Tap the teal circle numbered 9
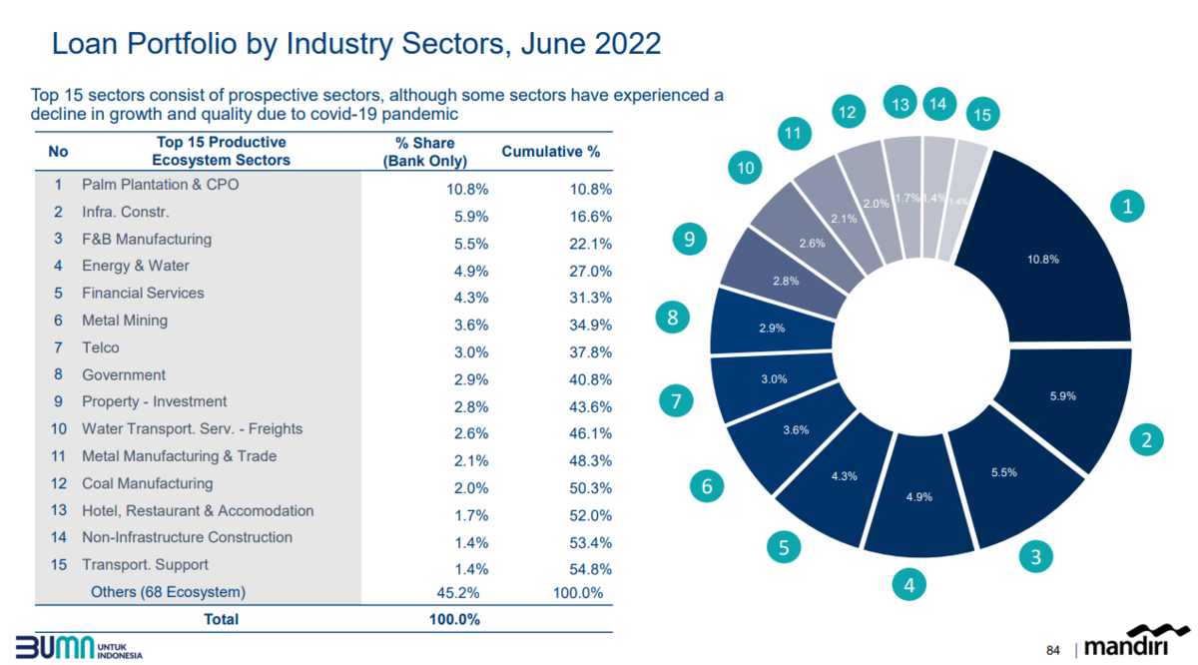click(x=690, y=239)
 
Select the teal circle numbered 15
click(x=982, y=114)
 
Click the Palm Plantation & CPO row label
click(x=160, y=185)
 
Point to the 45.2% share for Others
click(x=458, y=593)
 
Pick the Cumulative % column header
click(x=551, y=152)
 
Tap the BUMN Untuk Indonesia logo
click(x=79, y=647)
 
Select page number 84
click(x=1052, y=650)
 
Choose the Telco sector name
click(x=101, y=347)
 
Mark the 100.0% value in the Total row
click(x=454, y=619)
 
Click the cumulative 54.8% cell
click(x=590, y=569)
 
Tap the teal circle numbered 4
click(x=909, y=585)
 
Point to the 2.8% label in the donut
click(x=786, y=281)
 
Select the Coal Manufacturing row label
click(x=147, y=483)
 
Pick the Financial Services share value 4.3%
click(x=471, y=298)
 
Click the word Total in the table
click(x=221, y=619)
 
